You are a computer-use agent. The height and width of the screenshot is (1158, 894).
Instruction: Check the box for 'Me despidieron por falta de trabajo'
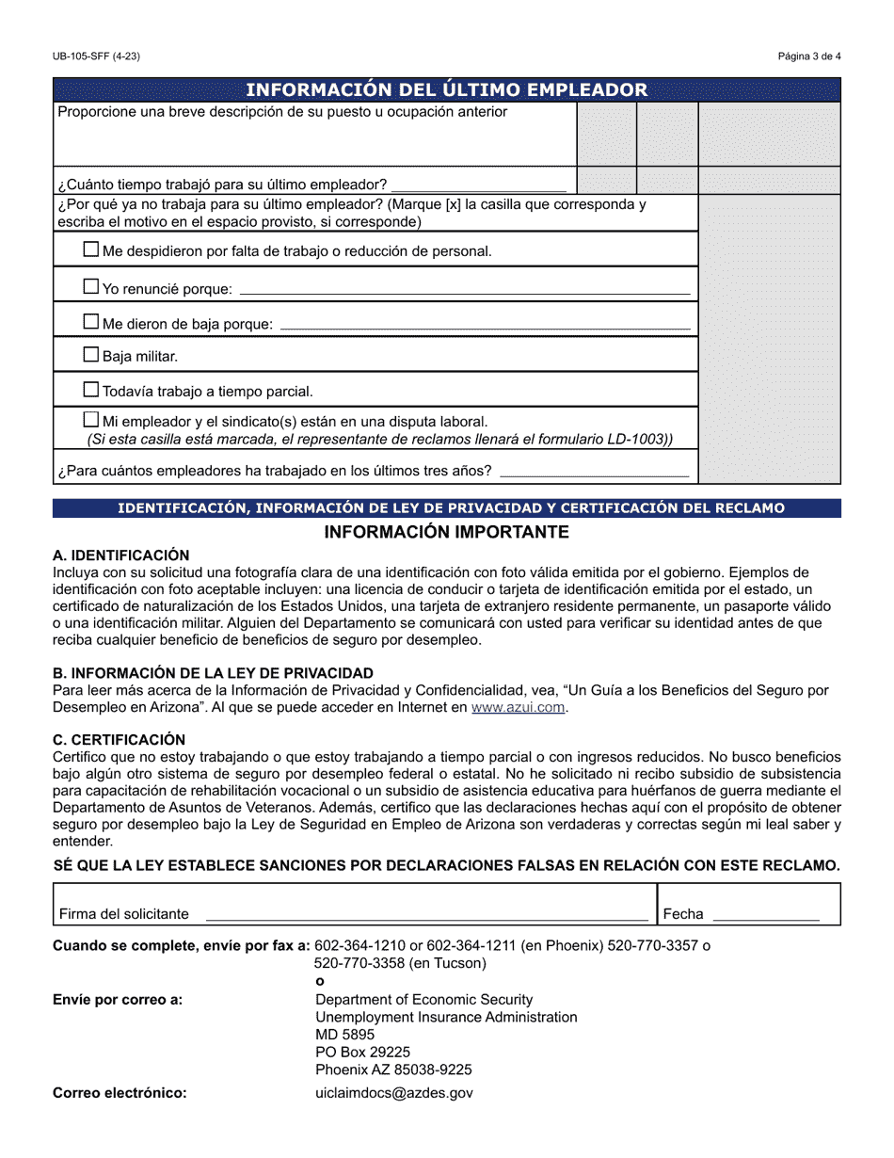[91, 249]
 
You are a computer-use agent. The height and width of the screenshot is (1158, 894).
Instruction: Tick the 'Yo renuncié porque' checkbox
[91, 286]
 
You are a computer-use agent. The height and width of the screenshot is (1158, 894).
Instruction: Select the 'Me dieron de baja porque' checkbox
[91, 322]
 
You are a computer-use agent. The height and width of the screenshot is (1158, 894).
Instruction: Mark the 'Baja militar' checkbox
[91, 355]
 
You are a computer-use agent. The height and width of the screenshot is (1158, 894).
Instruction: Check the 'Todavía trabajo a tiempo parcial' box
[91, 389]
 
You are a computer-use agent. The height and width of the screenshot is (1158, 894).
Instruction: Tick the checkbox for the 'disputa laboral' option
[91, 420]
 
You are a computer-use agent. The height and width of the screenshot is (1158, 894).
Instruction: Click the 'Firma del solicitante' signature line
[426, 914]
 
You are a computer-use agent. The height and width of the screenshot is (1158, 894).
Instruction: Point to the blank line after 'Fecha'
[765, 914]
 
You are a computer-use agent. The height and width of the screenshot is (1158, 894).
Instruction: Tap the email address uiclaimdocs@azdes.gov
[394, 1093]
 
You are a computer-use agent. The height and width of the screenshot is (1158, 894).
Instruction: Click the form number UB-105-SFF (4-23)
[97, 56]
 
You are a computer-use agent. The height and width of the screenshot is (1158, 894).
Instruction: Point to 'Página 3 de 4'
[809, 56]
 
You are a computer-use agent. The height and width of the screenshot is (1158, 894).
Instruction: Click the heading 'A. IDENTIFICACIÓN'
[120, 555]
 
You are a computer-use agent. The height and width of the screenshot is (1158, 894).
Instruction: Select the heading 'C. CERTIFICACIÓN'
[120, 740]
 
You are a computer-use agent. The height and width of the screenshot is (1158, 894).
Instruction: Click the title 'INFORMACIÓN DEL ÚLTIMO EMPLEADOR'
[446, 90]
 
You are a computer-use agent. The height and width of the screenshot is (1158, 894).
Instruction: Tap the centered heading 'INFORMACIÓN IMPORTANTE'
[446, 532]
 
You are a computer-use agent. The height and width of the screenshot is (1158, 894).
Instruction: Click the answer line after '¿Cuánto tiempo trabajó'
[479, 185]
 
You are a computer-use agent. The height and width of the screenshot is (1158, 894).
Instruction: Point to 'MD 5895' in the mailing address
[344, 1035]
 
